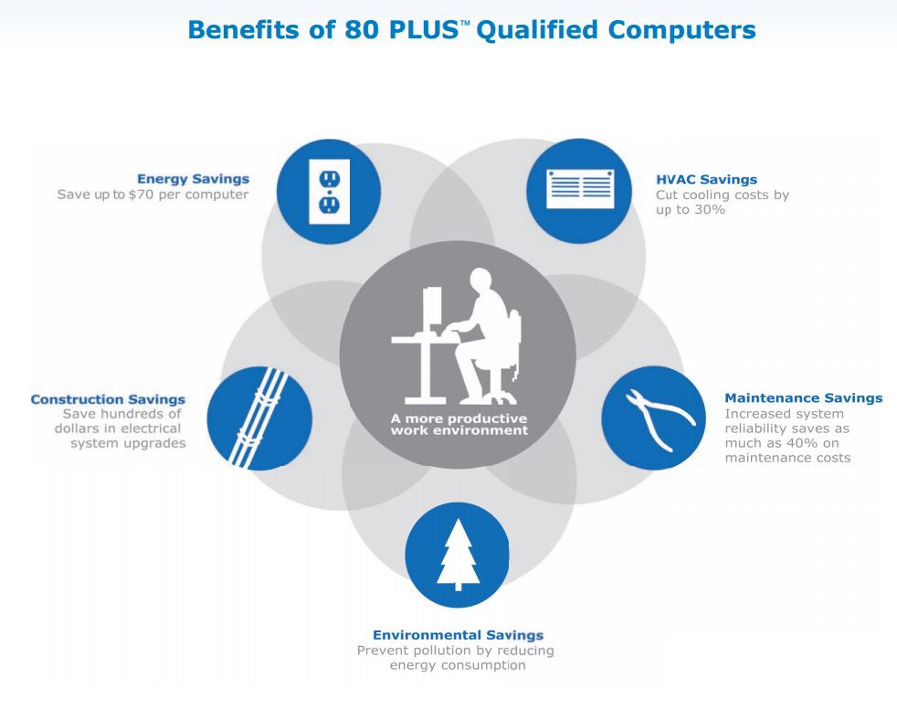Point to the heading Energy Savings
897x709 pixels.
193,179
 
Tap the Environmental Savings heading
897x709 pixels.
458,634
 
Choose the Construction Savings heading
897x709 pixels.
108,399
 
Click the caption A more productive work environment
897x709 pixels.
458,424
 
